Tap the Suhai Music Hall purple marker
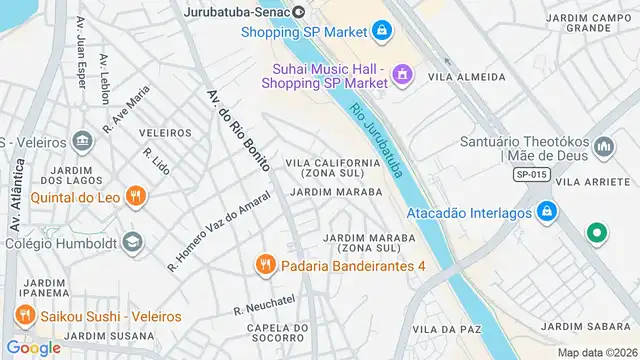[x=403, y=72]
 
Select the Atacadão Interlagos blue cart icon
[x=546, y=212]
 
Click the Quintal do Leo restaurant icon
[x=137, y=197]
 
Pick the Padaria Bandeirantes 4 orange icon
[x=265, y=265]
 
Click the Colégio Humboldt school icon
[x=132, y=242]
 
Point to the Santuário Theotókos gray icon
[x=603, y=149]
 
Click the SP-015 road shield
[x=533, y=175]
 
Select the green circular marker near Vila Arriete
[x=597, y=233]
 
